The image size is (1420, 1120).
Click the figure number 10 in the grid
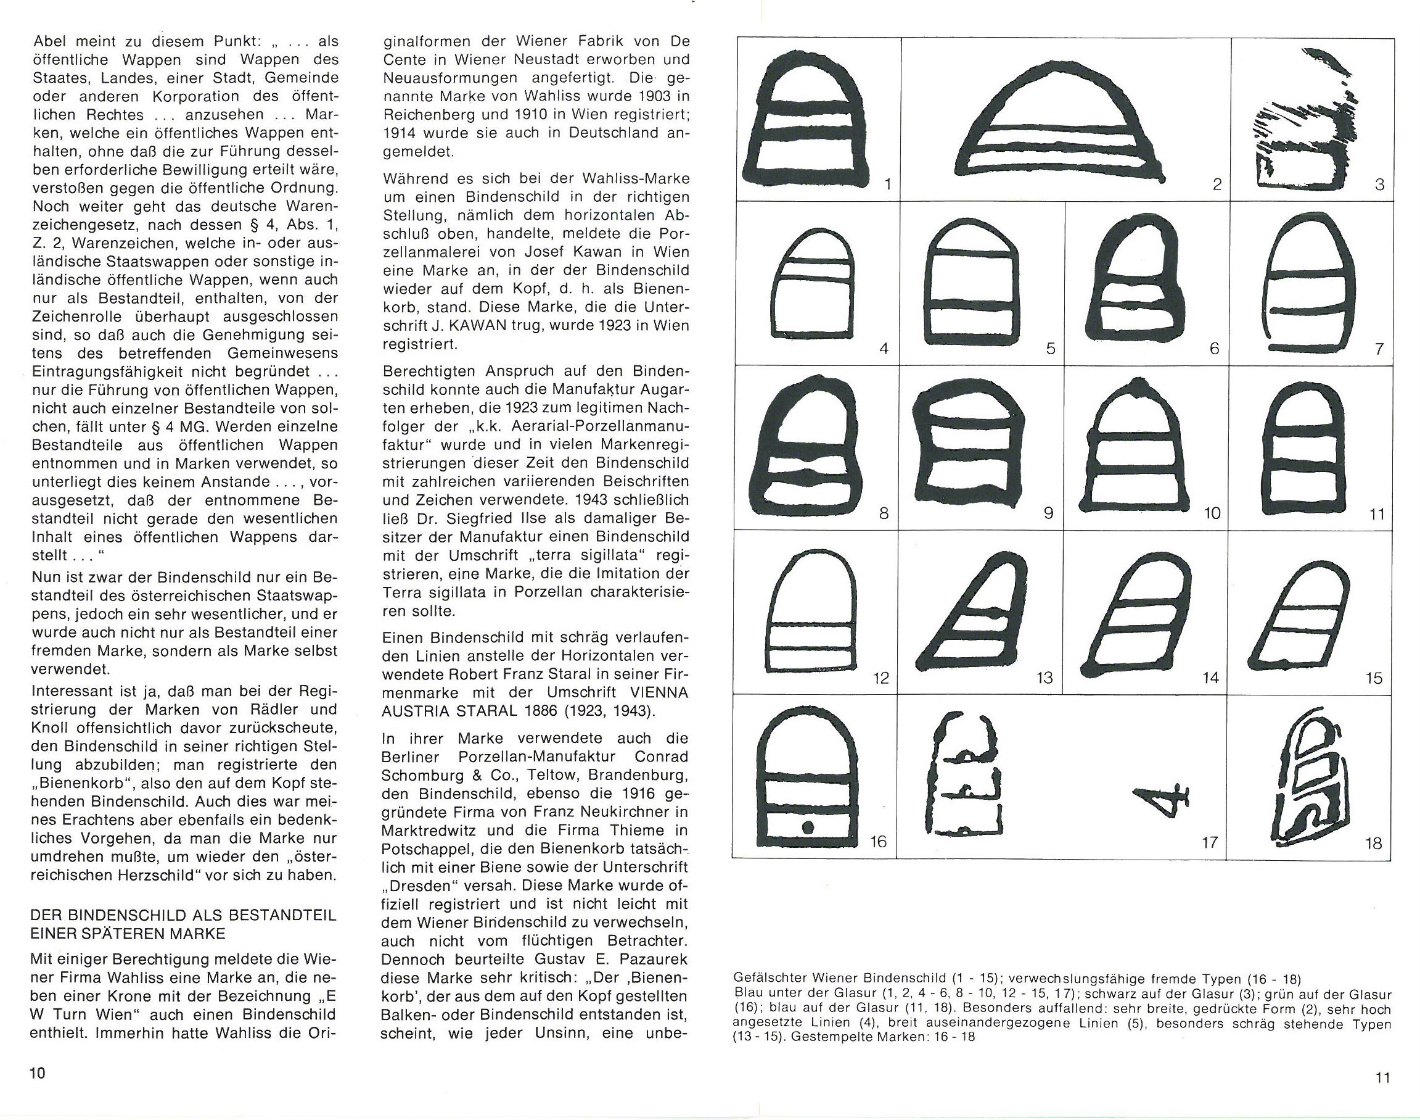(1212, 513)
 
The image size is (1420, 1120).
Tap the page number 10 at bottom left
(37, 1074)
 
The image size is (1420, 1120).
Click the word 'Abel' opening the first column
(51, 41)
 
